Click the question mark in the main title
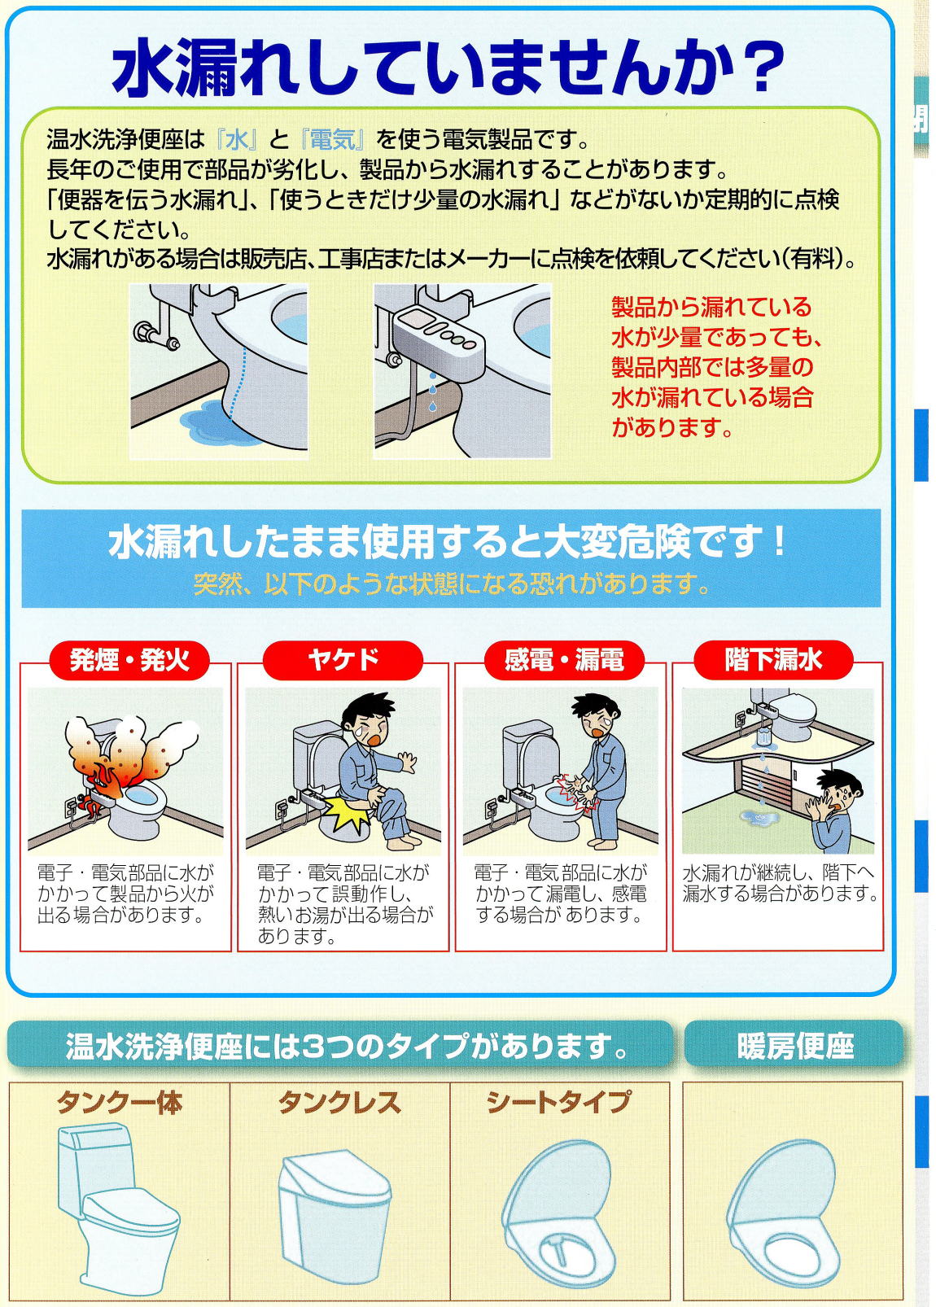tap(759, 68)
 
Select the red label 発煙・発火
tap(129, 660)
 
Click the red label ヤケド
tap(343, 660)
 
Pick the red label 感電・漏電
tap(564, 660)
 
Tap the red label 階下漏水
tap(773, 660)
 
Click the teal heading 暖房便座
tap(795, 1047)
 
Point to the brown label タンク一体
tap(120, 1103)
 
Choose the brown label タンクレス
tap(339, 1103)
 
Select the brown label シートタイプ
tap(558, 1102)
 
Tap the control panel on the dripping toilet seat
tap(438, 335)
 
